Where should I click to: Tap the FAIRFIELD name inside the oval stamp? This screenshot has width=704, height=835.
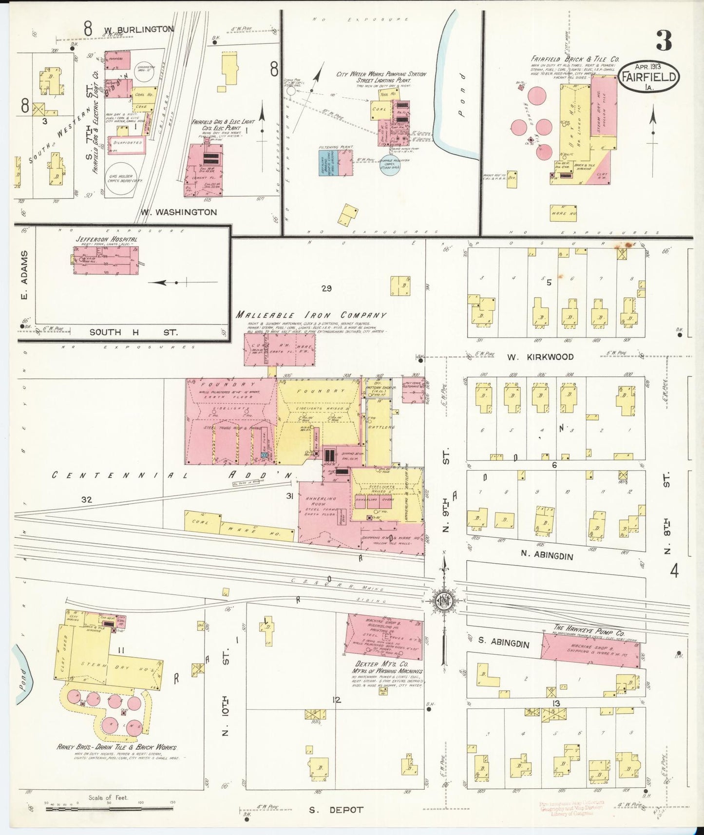[647, 77]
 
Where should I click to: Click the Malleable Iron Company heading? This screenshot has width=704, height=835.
[311, 315]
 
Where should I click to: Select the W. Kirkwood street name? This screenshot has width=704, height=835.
[540, 357]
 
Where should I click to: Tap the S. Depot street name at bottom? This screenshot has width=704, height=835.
[336, 810]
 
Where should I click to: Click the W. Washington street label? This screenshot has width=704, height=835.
[178, 212]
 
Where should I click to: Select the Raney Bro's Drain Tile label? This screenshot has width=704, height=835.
[117, 747]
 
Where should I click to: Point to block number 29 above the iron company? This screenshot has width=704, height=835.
[326, 288]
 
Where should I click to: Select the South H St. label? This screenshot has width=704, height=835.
[133, 332]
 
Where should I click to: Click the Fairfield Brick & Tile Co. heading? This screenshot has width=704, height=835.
[575, 59]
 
